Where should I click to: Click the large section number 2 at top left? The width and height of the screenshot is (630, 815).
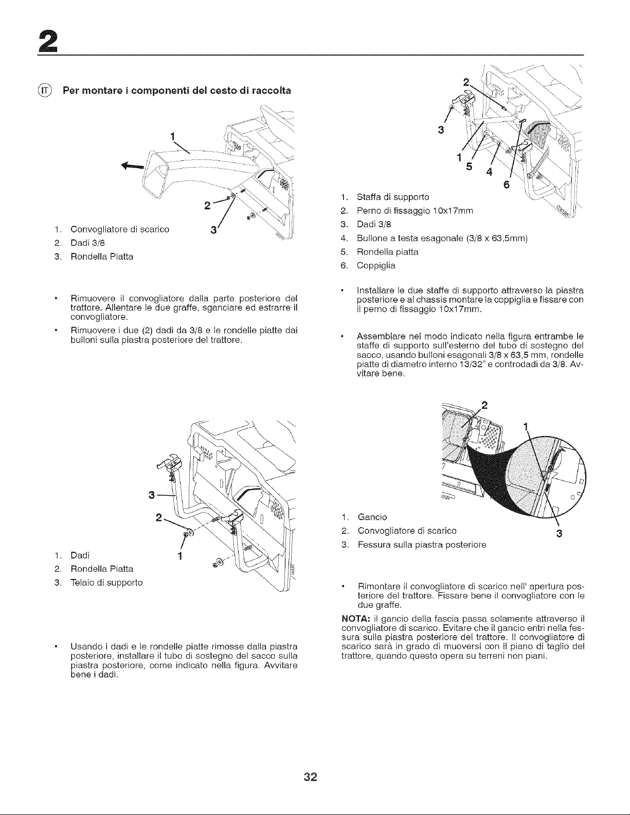coord(48,42)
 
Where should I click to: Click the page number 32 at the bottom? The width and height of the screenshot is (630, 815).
coord(311,777)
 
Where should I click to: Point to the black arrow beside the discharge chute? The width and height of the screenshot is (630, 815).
coord(132,166)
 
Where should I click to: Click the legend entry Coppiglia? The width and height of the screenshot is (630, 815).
coord(376,266)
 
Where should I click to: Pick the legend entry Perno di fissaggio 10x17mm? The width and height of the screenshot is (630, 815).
coord(415,211)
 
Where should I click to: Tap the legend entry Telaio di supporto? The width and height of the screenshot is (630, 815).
coord(106,583)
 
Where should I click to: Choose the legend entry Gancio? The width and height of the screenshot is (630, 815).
coord(372,517)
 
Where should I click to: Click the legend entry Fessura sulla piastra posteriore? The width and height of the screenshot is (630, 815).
coord(422,545)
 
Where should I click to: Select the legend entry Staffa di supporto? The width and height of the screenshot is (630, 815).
coord(393,197)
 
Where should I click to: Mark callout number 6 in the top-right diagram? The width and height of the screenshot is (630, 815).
coord(507,185)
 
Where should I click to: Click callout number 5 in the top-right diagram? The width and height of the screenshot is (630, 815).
coord(469,166)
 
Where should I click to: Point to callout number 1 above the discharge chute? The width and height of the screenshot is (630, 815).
coord(172,136)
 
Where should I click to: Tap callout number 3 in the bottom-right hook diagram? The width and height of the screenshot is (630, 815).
coord(559,534)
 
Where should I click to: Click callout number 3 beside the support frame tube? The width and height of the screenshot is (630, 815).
coord(152,495)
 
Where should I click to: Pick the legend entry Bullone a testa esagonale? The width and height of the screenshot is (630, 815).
coord(442,238)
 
